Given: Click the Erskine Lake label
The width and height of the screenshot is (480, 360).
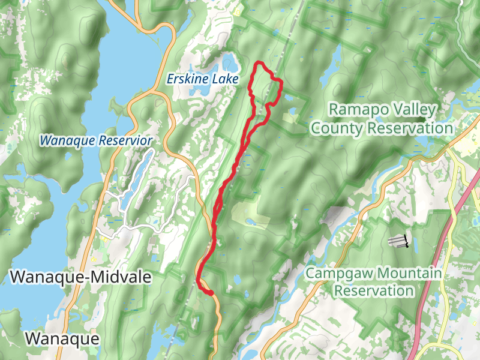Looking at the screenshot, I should coord(202,79).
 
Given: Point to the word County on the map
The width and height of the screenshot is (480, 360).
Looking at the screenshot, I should coord(338,128).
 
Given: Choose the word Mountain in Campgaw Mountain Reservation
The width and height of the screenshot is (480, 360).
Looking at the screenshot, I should coord(409,274).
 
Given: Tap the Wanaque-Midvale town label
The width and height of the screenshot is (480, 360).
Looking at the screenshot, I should coord(80,277).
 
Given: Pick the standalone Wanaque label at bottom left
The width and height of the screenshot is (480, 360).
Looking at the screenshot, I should coord(62,338).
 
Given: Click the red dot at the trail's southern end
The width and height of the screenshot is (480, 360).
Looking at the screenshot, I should coord(211,293).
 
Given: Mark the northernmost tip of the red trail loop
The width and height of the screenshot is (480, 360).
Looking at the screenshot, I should coord(258,63).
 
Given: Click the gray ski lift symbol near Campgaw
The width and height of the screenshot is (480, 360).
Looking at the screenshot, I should coord(398,241).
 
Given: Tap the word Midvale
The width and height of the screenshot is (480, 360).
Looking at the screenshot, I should coord(121,277).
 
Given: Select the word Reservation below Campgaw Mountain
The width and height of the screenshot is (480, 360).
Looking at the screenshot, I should coord(374,291).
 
